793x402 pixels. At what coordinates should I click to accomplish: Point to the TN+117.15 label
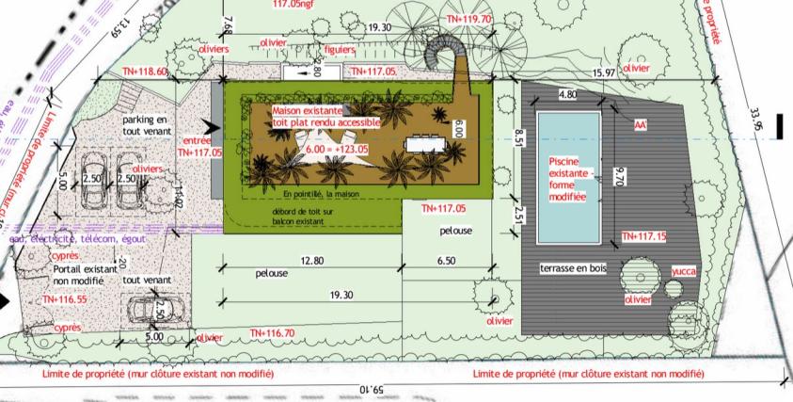coord(644,236)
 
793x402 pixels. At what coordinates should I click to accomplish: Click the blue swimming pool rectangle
coord(570,177)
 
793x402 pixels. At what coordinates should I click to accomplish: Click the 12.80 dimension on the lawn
coord(311,260)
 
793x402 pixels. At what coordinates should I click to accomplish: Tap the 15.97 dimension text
coord(603,73)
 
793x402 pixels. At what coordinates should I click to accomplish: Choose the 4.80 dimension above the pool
coord(567,95)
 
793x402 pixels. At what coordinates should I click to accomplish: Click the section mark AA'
coord(642,122)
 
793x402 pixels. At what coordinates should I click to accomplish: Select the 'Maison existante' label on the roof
coord(308,111)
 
